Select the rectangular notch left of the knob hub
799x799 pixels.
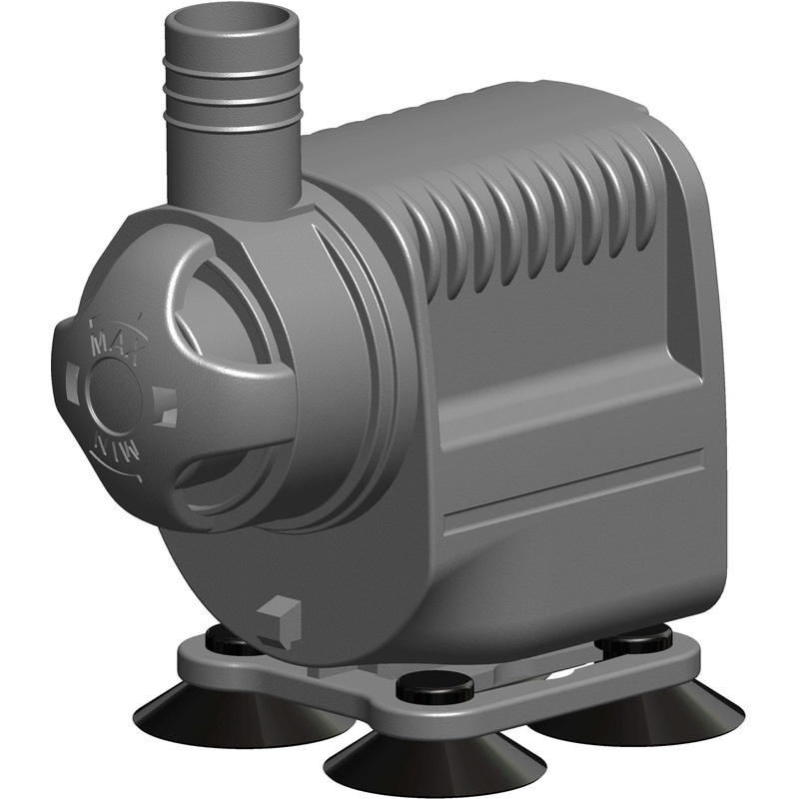[x=71, y=379]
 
